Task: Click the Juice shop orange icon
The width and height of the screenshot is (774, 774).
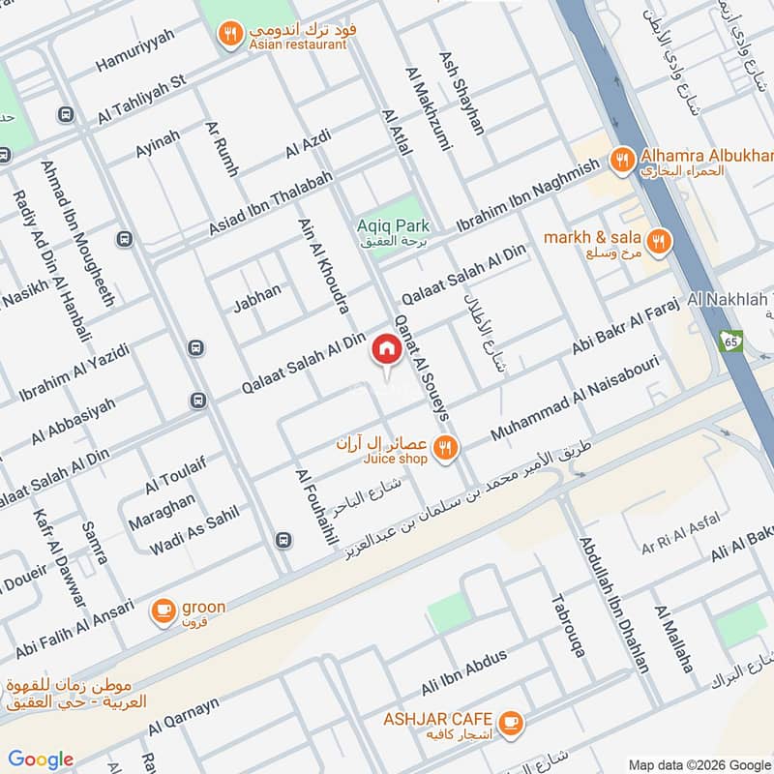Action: [x=445, y=447]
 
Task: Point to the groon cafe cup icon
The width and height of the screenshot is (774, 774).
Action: [x=163, y=610]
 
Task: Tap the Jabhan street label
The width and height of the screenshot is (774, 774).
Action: [x=256, y=297]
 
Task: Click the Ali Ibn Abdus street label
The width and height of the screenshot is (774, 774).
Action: [x=463, y=673]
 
